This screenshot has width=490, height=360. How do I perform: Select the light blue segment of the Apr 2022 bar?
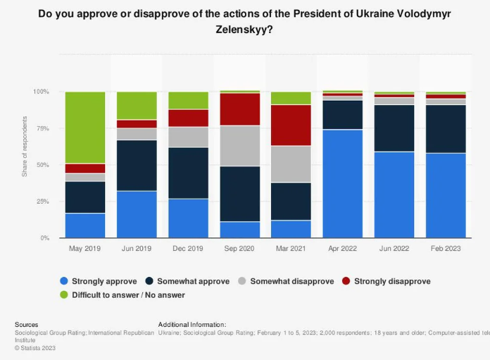coord(343,184)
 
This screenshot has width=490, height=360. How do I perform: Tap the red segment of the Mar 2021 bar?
coord(291,125)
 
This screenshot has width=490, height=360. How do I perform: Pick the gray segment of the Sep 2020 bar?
coord(240,146)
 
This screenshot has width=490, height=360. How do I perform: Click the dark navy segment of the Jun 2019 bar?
coord(137,166)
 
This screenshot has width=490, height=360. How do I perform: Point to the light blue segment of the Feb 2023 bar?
coord(446,196)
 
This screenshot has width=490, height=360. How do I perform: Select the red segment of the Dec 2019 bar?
coord(189,118)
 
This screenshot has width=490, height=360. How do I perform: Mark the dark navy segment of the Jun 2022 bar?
coord(394,128)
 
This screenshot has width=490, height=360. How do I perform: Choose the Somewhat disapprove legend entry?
coord(287,281)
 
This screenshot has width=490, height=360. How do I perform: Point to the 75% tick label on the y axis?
coord(42,128)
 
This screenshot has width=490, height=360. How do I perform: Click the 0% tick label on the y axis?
coord(44,238)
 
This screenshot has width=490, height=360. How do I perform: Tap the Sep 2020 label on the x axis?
coord(240,249)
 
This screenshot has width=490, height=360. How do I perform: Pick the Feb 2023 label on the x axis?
coord(446,249)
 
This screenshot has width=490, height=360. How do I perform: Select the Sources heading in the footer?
coord(27,324)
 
